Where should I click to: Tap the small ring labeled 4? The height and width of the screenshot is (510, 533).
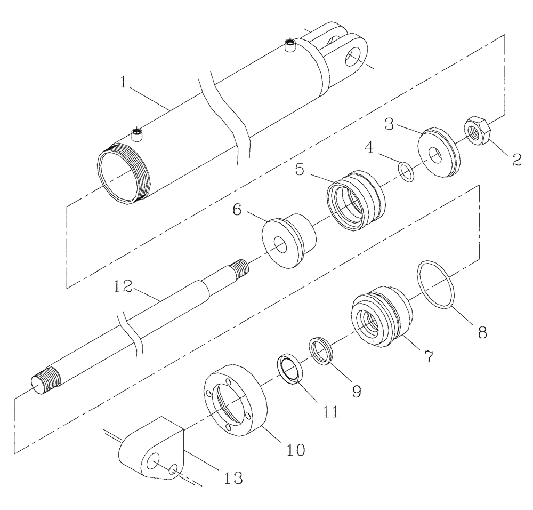pos(406,172)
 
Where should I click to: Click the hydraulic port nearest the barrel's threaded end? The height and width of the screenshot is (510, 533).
pos(139,134)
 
